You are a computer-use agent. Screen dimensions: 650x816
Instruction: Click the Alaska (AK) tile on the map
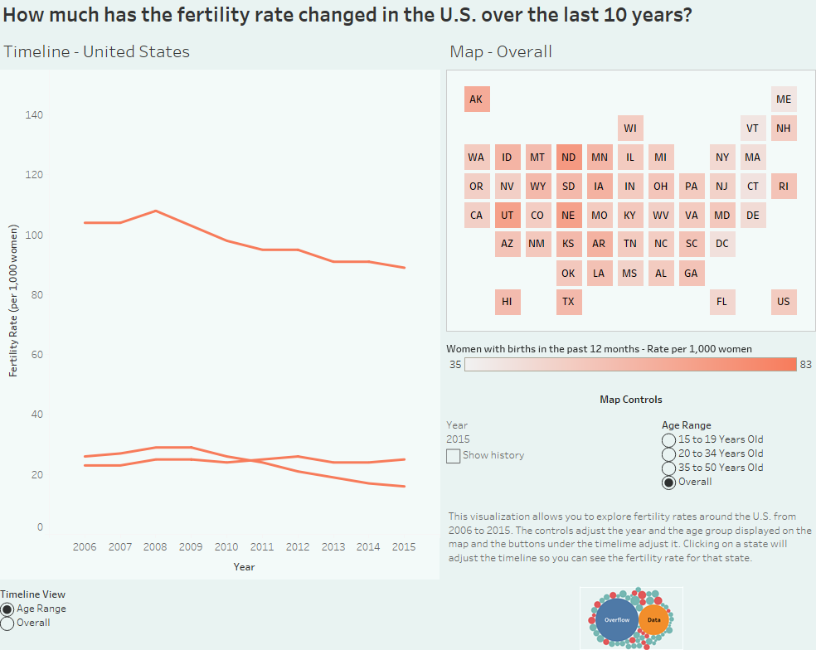[x=476, y=99]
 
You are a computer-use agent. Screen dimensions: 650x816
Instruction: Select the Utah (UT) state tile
[x=507, y=216]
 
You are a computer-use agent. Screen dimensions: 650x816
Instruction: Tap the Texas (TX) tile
[x=568, y=302]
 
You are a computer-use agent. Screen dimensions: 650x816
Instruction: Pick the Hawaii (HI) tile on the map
[x=507, y=302]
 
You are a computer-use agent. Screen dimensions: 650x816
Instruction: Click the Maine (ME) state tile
[x=784, y=99]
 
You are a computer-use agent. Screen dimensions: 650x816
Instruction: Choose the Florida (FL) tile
[x=721, y=302]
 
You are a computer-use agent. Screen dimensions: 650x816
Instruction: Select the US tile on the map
[x=784, y=302]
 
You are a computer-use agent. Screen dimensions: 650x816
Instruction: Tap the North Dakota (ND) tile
[x=568, y=158]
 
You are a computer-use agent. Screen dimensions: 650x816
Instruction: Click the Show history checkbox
[x=453, y=455]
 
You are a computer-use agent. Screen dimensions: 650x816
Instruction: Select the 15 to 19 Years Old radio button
[x=668, y=439]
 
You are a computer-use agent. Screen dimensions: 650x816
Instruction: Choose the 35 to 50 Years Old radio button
[x=668, y=468]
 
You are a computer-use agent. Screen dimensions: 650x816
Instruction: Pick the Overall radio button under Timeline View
[x=7, y=623]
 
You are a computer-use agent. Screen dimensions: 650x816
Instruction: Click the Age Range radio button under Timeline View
[x=7, y=609]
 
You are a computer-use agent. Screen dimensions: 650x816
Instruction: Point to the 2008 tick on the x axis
[x=156, y=547]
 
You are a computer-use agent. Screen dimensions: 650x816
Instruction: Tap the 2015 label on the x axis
[x=404, y=547]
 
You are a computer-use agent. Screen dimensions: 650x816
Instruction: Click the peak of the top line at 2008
[x=156, y=211]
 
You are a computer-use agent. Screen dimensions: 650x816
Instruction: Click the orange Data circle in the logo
[x=654, y=619]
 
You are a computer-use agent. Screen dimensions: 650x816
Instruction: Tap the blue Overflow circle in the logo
[x=616, y=620]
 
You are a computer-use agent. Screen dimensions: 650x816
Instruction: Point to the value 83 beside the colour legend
[x=805, y=365]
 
